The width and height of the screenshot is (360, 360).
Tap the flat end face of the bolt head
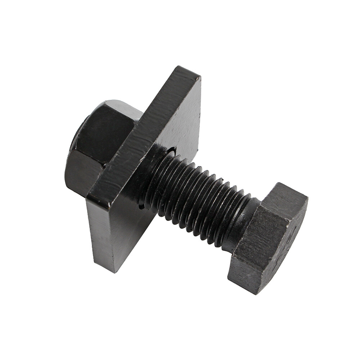(x=292, y=245)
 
